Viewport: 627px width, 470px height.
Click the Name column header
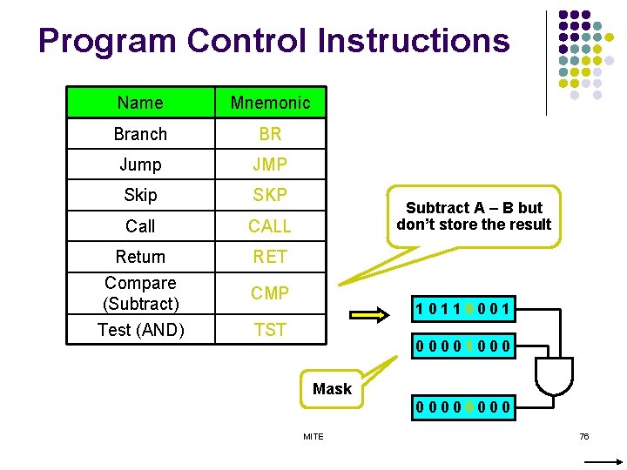tap(140, 103)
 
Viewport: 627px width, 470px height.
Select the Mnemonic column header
tap(270, 103)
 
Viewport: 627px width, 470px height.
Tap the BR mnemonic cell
tap(270, 134)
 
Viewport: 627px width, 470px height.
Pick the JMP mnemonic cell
tap(270, 164)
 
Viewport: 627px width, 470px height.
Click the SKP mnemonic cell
tap(270, 195)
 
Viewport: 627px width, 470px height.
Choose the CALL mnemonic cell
tap(270, 226)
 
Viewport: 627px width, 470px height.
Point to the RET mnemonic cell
tap(270, 257)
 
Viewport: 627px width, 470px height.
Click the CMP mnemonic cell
tap(270, 293)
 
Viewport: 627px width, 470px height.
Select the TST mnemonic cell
tap(270, 330)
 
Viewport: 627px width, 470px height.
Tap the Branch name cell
tap(140, 134)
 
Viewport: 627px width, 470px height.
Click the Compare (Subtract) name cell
tap(140, 293)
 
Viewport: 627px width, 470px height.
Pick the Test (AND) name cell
tap(140, 330)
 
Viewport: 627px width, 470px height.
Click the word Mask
tap(332, 389)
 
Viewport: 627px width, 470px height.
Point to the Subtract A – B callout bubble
tap(474, 216)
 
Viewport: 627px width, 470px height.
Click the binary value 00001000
tap(463, 348)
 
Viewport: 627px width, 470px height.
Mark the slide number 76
tap(584, 436)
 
